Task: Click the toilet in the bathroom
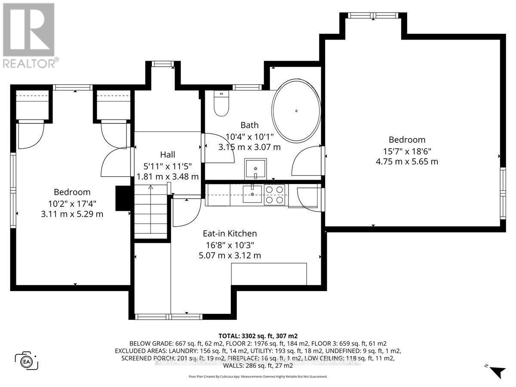[222, 104]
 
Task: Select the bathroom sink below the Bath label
[255, 169]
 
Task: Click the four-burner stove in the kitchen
[274, 194]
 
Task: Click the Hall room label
[167, 154]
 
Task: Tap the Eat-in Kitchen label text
[230, 233]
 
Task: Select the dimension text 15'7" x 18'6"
[407, 151]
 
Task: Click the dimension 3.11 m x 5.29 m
[72, 214]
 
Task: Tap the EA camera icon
[27, 360]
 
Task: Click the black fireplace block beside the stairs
[123, 198]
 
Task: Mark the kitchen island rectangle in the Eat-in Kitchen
[269, 274]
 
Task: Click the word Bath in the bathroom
[249, 125]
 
